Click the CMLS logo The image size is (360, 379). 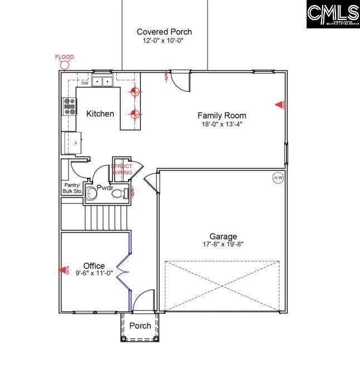point(332,14)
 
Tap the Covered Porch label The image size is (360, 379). point(164,32)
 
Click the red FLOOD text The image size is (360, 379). point(65,57)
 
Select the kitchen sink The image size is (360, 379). point(102,82)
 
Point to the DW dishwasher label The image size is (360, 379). point(85,83)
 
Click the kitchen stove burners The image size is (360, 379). point(70,106)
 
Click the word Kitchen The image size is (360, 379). point(100,114)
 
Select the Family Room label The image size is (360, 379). point(221,115)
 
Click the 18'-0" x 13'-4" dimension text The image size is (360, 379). point(221,124)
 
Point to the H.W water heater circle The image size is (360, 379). point(278,178)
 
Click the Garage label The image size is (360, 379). point(223,236)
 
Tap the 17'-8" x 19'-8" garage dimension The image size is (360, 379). point(223,244)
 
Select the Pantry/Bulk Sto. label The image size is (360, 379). point(71,188)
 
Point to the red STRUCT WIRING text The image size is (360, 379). point(122,169)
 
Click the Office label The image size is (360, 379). point(93,265)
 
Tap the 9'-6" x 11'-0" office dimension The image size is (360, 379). point(94,273)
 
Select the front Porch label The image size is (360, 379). point(140,326)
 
